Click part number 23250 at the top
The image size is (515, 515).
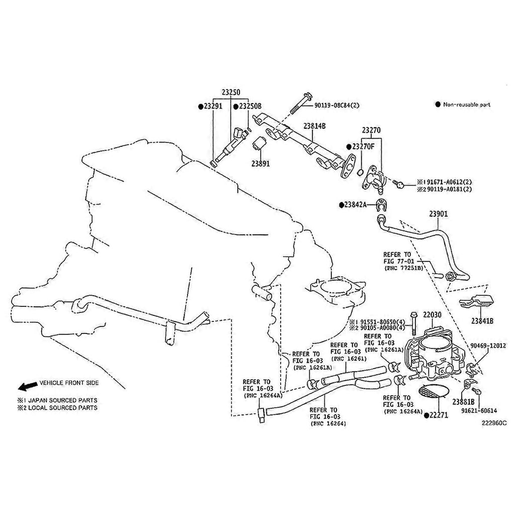(x=231, y=92)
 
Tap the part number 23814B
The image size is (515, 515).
(x=314, y=126)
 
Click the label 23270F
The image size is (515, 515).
(x=363, y=146)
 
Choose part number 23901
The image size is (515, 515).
(x=438, y=214)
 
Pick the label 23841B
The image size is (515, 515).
(x=482, y=320)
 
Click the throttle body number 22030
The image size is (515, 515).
(x=432, y=315)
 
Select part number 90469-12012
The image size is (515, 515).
(x=488, y=346)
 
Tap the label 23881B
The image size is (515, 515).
(x=463, y=401)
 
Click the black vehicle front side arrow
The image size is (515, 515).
(x=27, y=386)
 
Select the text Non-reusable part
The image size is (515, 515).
(x=466, y=105)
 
